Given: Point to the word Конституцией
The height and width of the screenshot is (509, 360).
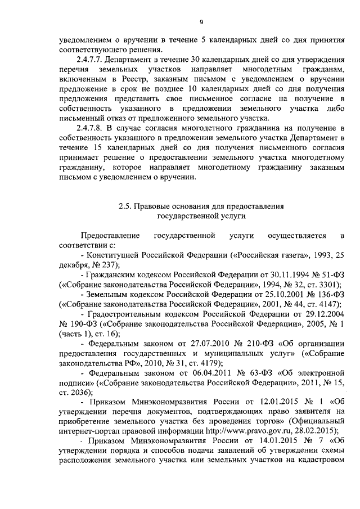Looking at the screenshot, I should [x=119, y=255].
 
